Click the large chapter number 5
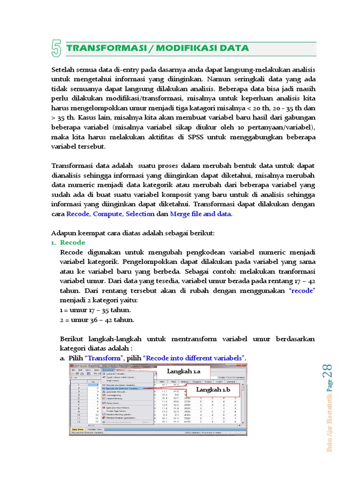pos(57,49)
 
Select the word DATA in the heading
pos(235,48)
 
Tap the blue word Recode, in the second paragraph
pos(79,214)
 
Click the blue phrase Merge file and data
pos(201,214)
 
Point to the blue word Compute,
pos(110,214)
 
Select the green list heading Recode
pos(73,242)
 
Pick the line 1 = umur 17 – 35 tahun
pos(96,310)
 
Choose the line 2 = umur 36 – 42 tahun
pos(97,320)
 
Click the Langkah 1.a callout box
pos(184,372)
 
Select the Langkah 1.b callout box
pos(213,390)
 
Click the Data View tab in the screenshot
pos(78,429)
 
